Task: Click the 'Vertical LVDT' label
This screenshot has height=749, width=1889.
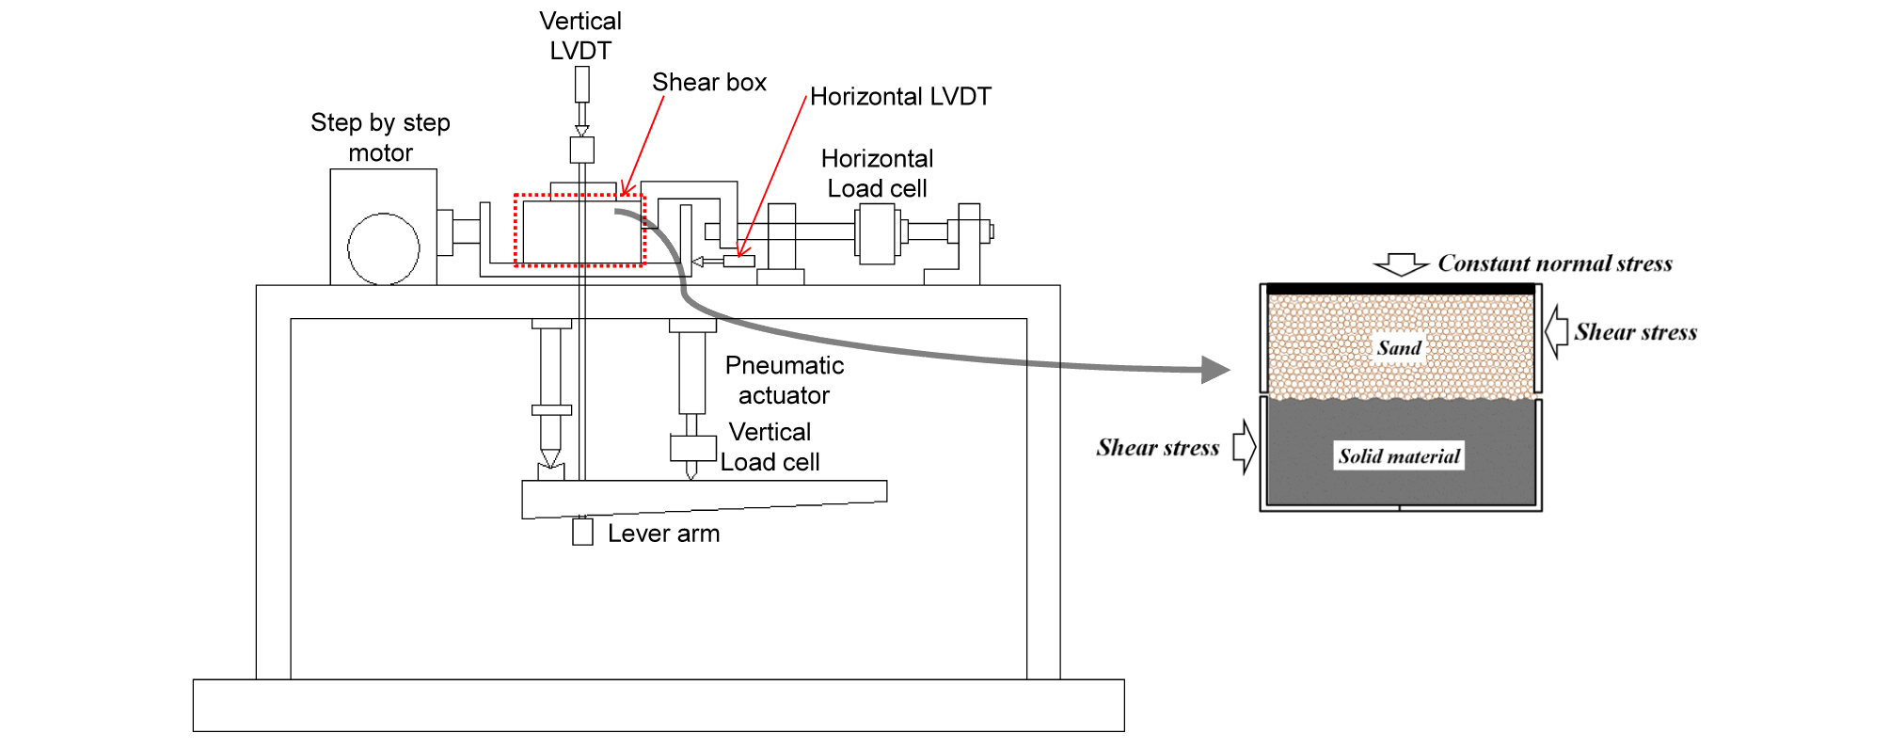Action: click(x=580, y=36)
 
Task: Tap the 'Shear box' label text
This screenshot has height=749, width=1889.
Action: click(x=709, y=83)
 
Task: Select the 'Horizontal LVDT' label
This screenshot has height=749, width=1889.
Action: click(x=900, y=97)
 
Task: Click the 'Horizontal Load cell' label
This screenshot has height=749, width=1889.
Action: click(x=877, y=173)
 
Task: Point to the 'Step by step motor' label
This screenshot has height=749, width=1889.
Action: click(x=380, y=137)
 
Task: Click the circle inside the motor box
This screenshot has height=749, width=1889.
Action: click(x=383, y=249)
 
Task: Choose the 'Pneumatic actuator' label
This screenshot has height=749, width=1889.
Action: click(x=784, y=380)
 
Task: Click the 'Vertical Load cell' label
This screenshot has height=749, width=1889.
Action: click(x=770, y=447)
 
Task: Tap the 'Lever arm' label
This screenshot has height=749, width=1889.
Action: click(x=663, y=534)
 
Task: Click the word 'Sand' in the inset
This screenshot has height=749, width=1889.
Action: click(x=1399, y=348)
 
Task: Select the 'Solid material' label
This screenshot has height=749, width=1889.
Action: click(x=1399, y=456)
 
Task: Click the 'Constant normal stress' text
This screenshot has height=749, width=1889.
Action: click(x=1554, y=263)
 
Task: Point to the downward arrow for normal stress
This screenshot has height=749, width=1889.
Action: click(x=1401, y=264)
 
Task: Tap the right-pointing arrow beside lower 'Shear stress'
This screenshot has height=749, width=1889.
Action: click(x=1245, y=447)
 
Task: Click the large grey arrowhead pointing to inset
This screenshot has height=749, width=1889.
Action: click(x=1215, y=370)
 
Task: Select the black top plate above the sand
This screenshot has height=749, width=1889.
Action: click(x=1400, y=289)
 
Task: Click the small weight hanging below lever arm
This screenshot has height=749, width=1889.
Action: click(x=582, y=533)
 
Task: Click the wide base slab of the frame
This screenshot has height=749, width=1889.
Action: click(x=659, y=705)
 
